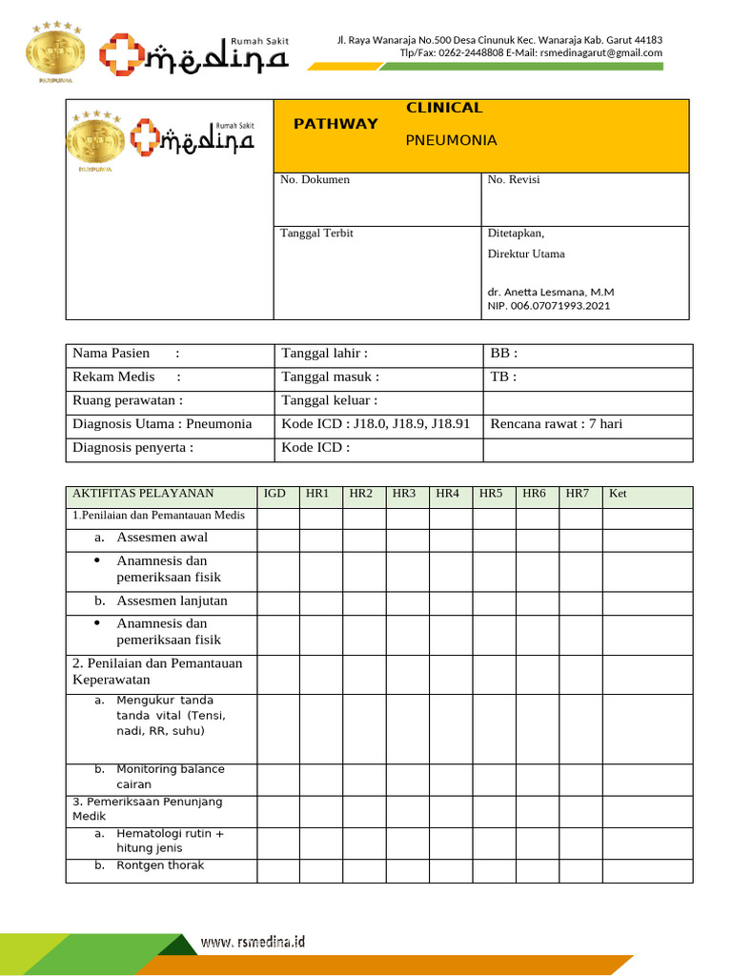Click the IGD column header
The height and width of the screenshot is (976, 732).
pos(274,494)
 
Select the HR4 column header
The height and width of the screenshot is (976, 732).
pos(447,494)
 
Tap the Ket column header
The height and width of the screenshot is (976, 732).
pos(618,494)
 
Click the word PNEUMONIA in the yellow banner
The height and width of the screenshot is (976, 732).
pos(451,140)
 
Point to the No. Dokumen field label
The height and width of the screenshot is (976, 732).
pos(315,179)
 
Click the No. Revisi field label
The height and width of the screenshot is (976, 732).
pos(514,179)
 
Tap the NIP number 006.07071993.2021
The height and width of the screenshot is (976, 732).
pos(549,306)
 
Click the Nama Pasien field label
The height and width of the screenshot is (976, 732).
pos(112,354)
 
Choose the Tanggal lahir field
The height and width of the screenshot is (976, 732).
pos(325,354)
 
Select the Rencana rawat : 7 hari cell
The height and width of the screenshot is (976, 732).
pos(556,423)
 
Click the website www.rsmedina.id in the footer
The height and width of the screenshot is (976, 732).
pos(253,942)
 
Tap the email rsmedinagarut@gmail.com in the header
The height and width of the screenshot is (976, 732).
pos(600,53)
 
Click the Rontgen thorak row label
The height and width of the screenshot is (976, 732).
pos(159,865)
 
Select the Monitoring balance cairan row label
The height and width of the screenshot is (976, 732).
pos(170,776)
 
